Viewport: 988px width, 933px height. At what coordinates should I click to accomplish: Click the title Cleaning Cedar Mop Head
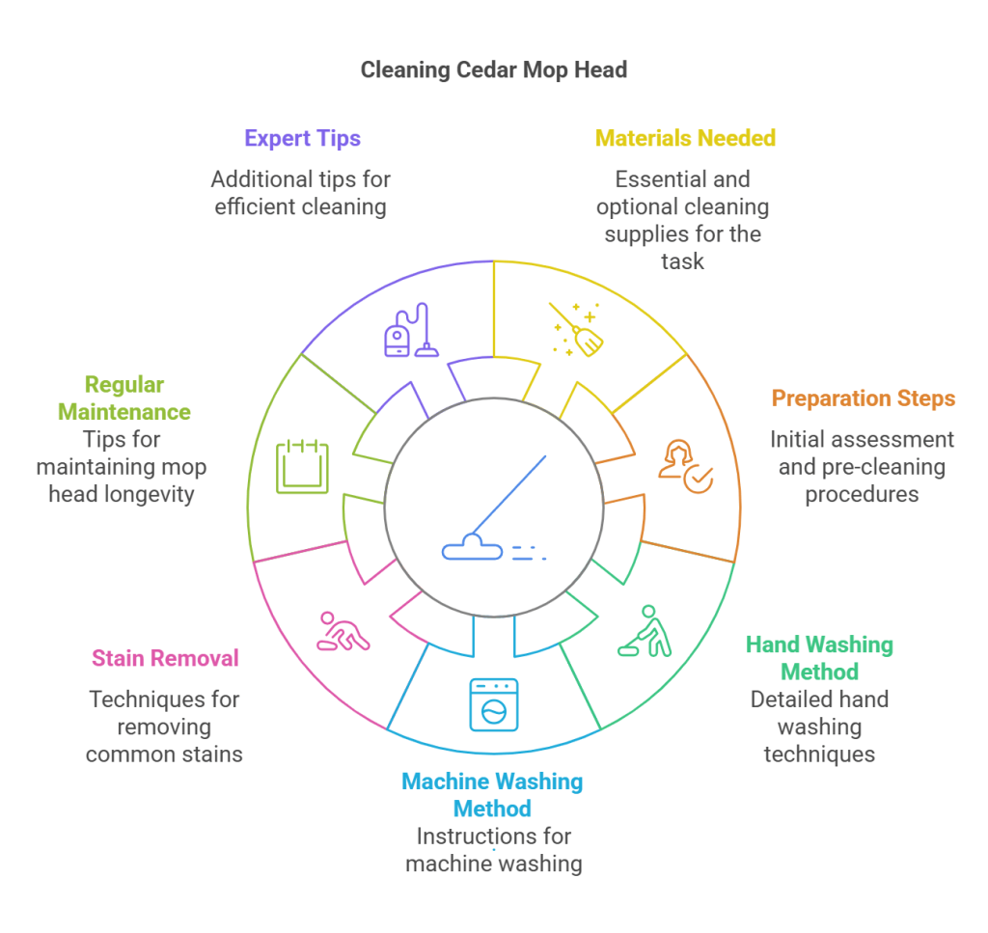(493, 69)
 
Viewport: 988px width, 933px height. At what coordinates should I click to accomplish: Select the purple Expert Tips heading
(302, 138)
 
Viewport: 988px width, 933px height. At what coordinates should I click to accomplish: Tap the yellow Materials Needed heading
(685, 138)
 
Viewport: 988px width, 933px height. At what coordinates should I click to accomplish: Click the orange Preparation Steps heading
(863, 398)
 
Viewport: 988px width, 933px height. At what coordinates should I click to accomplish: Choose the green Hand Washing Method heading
(819, 657)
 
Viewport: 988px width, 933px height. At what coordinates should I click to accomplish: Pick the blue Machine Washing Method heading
(493, 794)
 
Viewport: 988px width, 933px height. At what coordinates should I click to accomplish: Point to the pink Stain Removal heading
(165, 658)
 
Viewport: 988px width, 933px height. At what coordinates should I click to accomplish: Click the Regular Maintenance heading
(123, 398)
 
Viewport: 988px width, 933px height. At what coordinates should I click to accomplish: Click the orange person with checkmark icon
(684, 466)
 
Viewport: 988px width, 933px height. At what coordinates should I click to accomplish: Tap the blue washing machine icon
(493, 703)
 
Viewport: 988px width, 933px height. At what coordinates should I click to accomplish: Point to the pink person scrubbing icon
(343, 631)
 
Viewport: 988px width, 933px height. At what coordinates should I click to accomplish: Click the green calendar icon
(302, 466)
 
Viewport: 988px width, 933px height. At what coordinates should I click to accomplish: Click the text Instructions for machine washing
(493, 849)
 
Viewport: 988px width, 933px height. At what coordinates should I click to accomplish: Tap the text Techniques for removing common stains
(164, 726)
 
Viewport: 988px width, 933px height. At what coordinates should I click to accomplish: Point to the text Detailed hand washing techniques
(819, 726)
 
